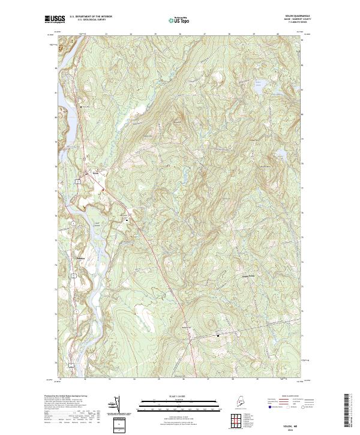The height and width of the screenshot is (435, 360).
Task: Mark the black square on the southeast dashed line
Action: (218, 335)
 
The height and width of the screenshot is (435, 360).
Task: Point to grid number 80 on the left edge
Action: (56, 117)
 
